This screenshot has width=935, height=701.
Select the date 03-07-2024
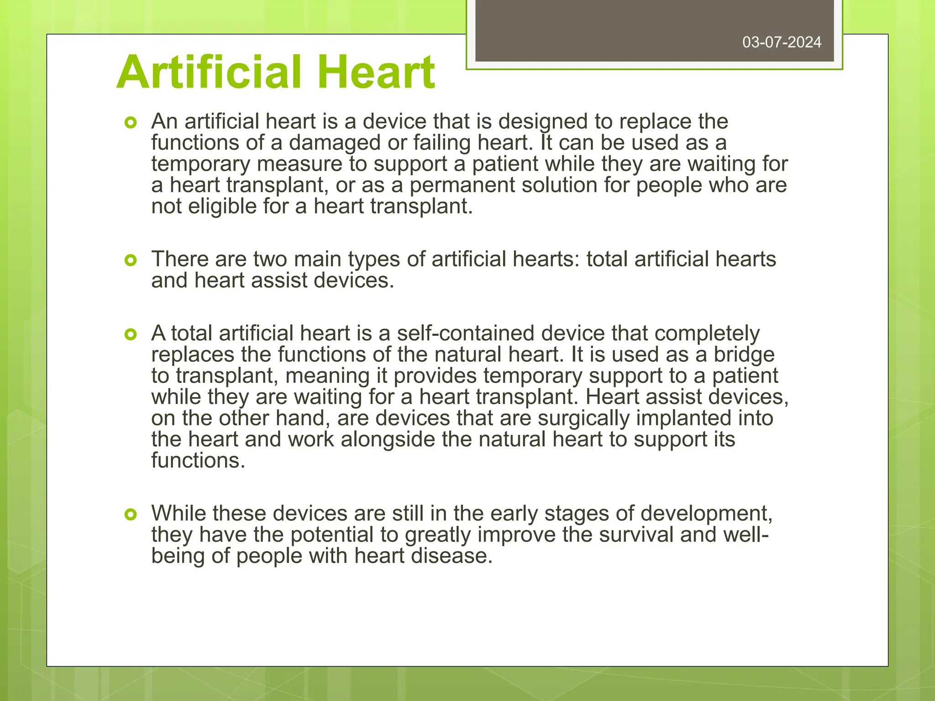coord(782,42)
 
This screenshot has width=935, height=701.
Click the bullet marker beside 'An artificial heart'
coord(131,122)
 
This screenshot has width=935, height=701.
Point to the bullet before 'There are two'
coord(131,260)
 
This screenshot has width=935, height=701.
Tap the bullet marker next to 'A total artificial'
coord(131,335)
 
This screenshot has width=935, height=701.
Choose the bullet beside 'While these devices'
coord(131,514)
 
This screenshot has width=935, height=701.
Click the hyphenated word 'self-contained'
coord(465,334)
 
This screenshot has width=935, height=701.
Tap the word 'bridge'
coord(744,355)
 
